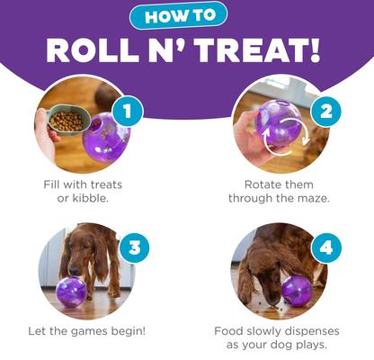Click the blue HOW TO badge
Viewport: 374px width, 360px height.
click(186, 15)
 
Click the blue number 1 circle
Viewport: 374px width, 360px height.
click(129, 112)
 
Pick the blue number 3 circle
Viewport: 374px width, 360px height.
click(134, 247)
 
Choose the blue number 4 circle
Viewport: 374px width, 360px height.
click(325, 247)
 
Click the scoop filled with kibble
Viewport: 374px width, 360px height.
click(64, 120)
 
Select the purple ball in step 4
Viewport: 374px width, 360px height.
click(296, 289)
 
